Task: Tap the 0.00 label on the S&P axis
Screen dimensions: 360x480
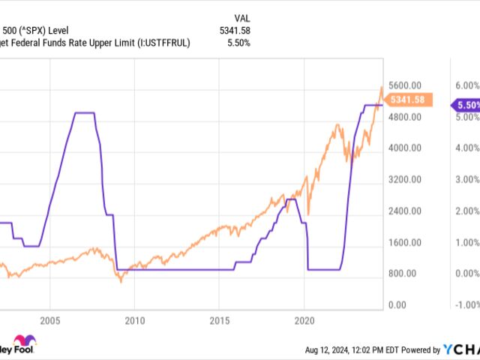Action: coord(397,305)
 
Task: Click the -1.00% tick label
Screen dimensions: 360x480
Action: coord(466,305)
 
